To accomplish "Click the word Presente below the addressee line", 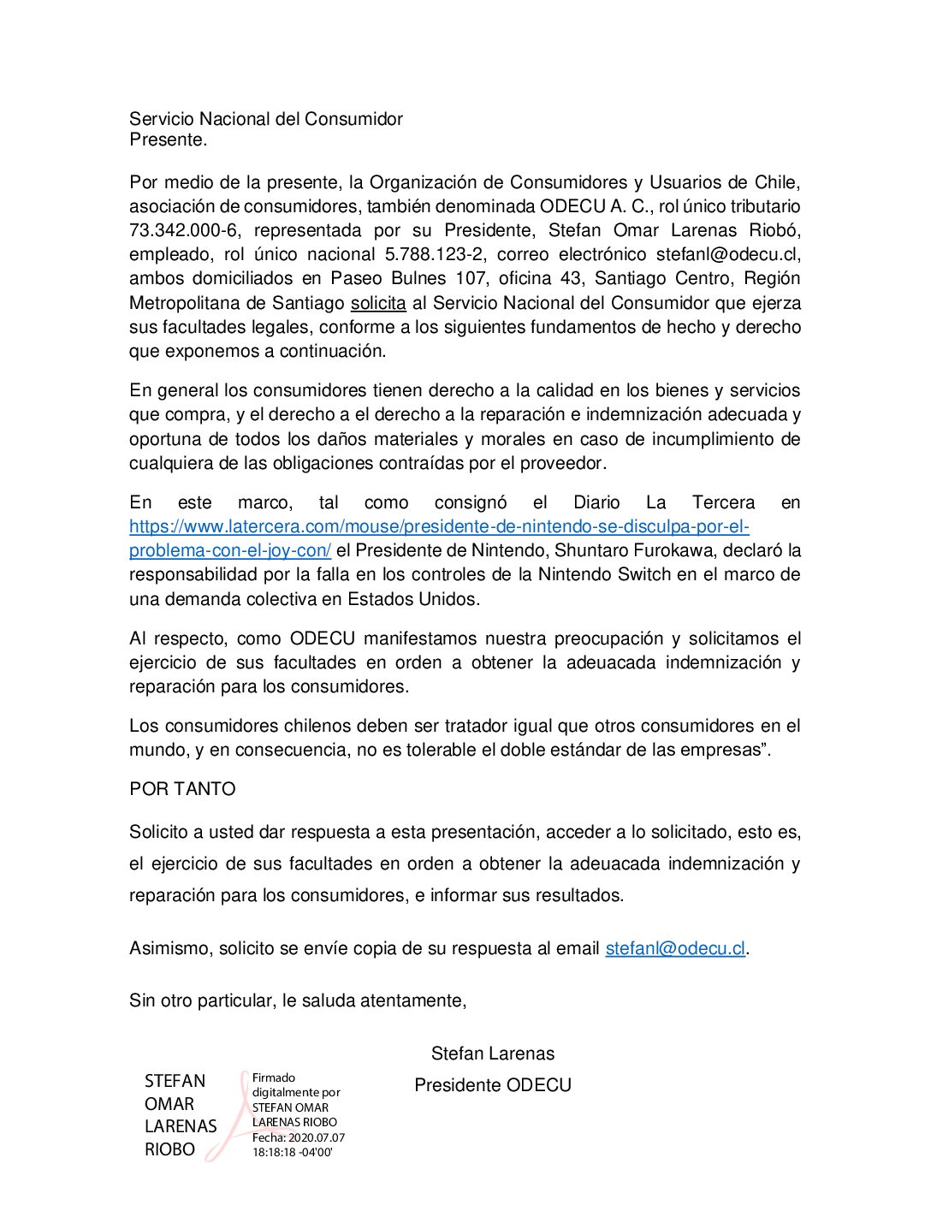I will [x=167, y=140].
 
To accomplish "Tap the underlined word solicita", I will [x=378, y=303].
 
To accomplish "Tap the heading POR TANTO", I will [x=182, y=789].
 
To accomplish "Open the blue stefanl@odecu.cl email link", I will [x=675, y=949].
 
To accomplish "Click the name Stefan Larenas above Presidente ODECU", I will [x=493, y=1054].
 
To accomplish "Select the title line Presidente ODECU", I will [x=493, y=1086].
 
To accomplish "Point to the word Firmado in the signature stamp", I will [x=274, y=1078].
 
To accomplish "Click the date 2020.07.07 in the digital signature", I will [x=317, y=1138].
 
